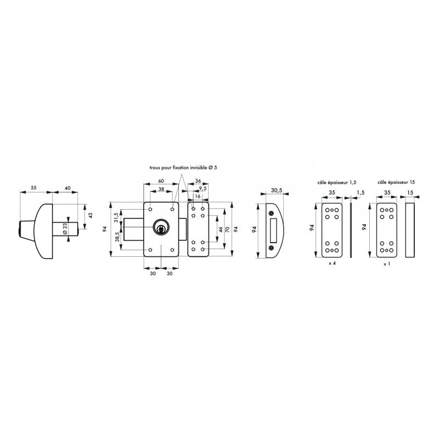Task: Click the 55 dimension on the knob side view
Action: [33, 188]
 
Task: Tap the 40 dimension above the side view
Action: [67, 188]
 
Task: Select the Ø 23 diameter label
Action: [65, 229]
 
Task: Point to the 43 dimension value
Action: [90, 216]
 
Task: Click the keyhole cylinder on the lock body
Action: [160, 227]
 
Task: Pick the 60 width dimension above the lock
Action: [161, 181]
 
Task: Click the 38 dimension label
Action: [161, 189]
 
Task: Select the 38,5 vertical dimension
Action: [117, 237]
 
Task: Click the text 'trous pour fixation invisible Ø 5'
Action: [183, 167]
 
